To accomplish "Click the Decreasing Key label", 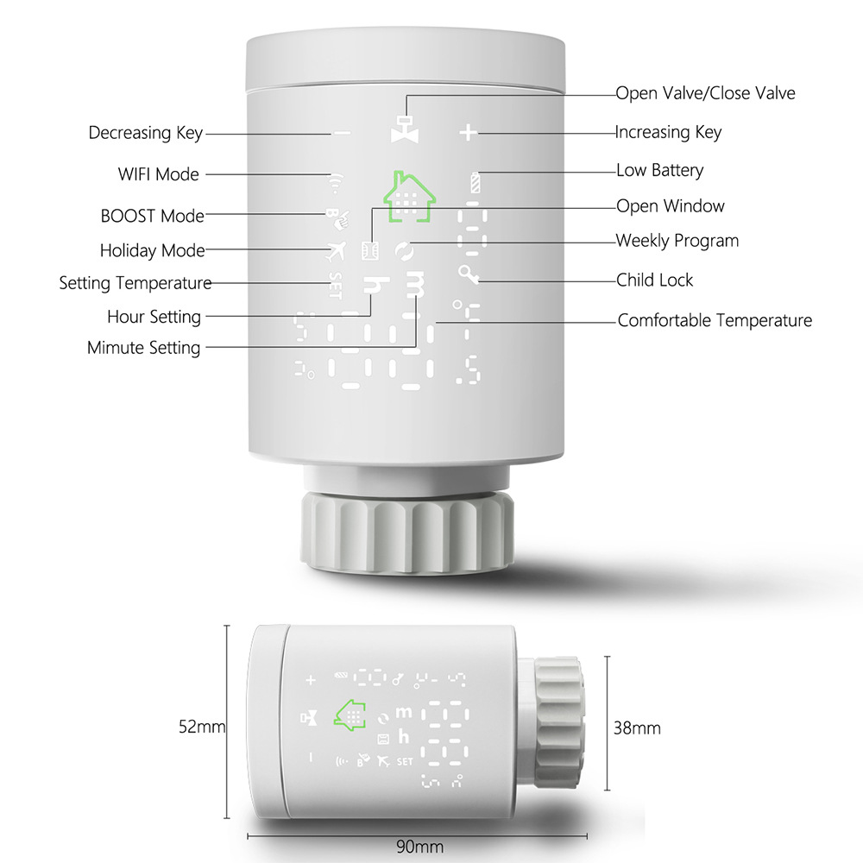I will [145, 133].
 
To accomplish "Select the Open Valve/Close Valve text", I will [705, 92].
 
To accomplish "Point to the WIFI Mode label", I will [158, 174].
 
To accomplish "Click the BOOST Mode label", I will [152, 216].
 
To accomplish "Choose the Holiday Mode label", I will [152, 251].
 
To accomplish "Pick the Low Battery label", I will [659, 170].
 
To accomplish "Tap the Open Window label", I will [670, 206].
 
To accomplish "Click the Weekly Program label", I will [677, 241].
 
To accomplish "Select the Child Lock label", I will [654, 280].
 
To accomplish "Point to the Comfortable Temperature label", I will [715, 321].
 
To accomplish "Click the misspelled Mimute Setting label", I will [143, 349].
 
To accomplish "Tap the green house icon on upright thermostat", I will [410, 198].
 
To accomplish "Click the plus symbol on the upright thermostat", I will [468, 133].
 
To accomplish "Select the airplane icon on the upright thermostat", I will [335, 251].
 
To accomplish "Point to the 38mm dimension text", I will [636, 728].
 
